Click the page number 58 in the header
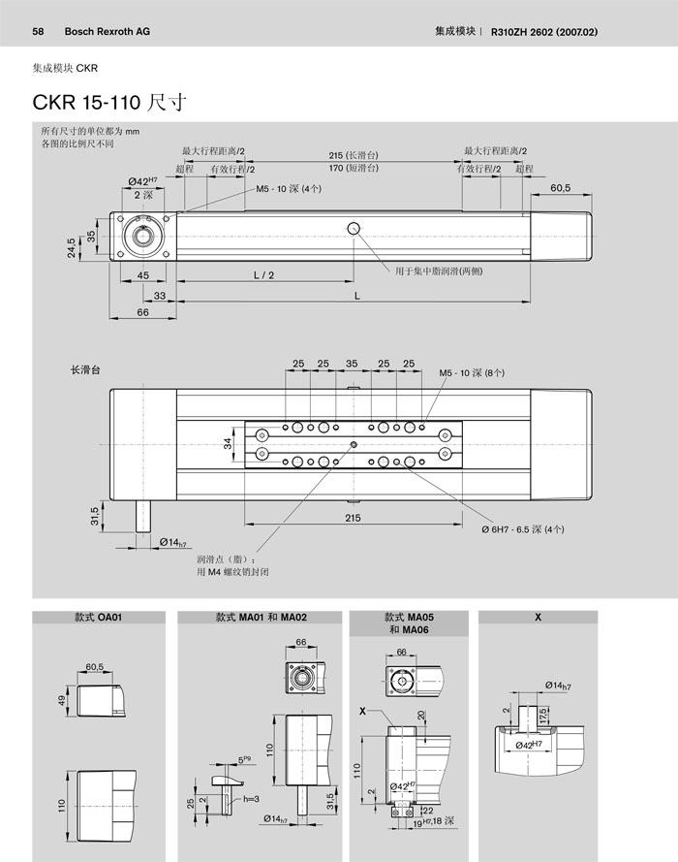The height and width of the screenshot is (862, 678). coord(40,31)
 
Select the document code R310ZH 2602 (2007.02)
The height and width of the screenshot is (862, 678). coord(545,31)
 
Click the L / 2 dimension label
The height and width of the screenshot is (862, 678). coord(263,275)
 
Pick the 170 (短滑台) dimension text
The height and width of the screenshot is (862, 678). coord(352,168)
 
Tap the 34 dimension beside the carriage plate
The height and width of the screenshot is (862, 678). coord(229,443)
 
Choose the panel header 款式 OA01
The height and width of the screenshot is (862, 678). coord(97,617)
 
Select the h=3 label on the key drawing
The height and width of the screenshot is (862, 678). coord(249,798)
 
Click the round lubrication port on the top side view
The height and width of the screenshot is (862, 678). coord(354,228)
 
